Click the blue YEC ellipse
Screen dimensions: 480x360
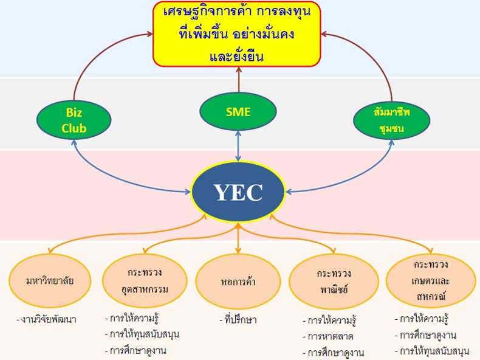point(238,192)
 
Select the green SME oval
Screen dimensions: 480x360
point(238,111)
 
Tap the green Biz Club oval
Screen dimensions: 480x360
point(74,120)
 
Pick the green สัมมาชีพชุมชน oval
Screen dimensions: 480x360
point(391,120)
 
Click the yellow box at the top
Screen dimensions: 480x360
point(237,34)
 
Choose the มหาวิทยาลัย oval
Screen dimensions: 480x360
point(50,281)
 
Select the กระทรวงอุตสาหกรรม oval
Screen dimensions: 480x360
point(145,281)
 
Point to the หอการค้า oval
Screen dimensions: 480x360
point(238,282)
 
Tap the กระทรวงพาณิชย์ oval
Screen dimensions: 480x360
point(334,282)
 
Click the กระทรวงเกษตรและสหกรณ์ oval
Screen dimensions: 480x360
point(430,281)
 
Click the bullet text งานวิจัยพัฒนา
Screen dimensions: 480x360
point(47,319)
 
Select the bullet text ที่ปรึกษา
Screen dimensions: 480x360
point(238,320)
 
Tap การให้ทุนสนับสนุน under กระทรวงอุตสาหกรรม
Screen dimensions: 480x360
point(142,334)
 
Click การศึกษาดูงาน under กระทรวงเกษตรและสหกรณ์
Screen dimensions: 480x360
point(426,335)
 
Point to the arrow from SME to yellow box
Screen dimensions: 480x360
point(238,79)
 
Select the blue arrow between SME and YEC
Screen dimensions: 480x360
point(238,146)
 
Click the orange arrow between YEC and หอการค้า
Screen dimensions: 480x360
point(238,238)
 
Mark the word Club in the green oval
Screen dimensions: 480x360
point(74,128)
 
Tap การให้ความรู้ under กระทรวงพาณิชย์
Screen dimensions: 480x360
point(330,320)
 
